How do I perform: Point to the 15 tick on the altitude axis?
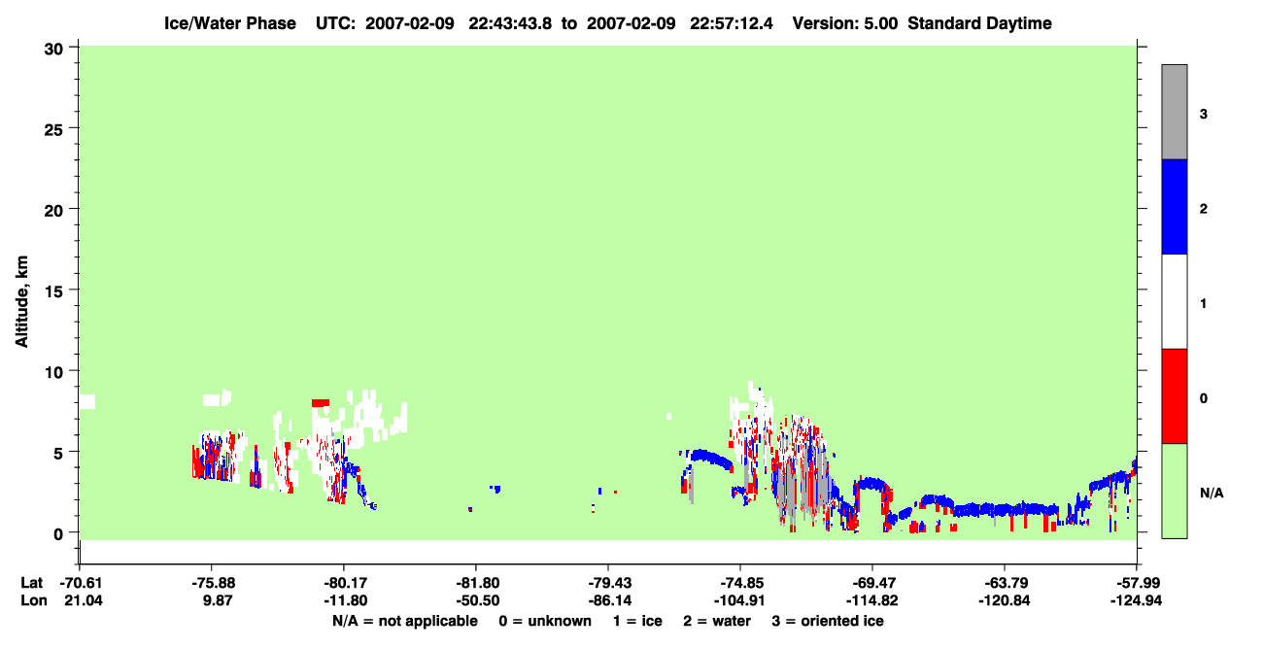coord(73,290)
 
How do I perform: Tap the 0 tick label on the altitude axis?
coord(58,534)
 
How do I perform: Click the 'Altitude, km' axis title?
coord(21,301)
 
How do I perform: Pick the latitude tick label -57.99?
coord(1136,583)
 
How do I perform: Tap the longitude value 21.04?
coord(84,600)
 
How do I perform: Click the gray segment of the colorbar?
coord(1174,112)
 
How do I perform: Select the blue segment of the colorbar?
coord(1174,206)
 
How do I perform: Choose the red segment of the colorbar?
coord(1174,396)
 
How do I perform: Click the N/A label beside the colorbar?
coord(1212,494)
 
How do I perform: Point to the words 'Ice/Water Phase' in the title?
coord(230,23)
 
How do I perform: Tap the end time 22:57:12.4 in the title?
coord(732,23)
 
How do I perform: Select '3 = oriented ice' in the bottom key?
coord(828,621)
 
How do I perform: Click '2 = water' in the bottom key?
coord(717,621)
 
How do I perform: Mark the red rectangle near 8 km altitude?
coord(321,402)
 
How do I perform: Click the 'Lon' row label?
coord(34,600)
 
